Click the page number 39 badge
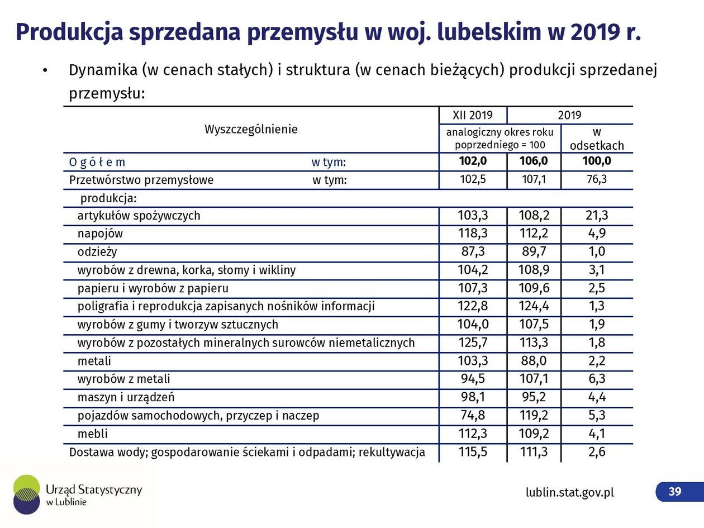click(675, 491)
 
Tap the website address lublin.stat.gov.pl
click(569, 492)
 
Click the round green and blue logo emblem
click(26, 494)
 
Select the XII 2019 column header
click(473, 115)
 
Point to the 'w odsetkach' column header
click(597, 139)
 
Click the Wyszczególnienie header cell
click(251, 129)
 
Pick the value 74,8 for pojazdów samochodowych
click(472, 416)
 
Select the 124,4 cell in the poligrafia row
click(534, 306)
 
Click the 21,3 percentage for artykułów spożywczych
click(597, 216)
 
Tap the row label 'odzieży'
click(97, 252)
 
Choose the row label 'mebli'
click(93, 434)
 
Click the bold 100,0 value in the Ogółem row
click(597, 161)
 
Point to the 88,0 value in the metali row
click(534, 361)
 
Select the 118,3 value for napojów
click(472, 234)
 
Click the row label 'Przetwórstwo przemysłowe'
click(141, 180)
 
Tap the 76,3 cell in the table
click(597, 180)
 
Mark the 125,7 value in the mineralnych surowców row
click(472, 343)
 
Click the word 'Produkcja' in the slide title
click(69, 32)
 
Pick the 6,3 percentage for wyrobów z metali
click(597, 379)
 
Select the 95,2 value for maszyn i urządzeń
click(534, 397)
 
